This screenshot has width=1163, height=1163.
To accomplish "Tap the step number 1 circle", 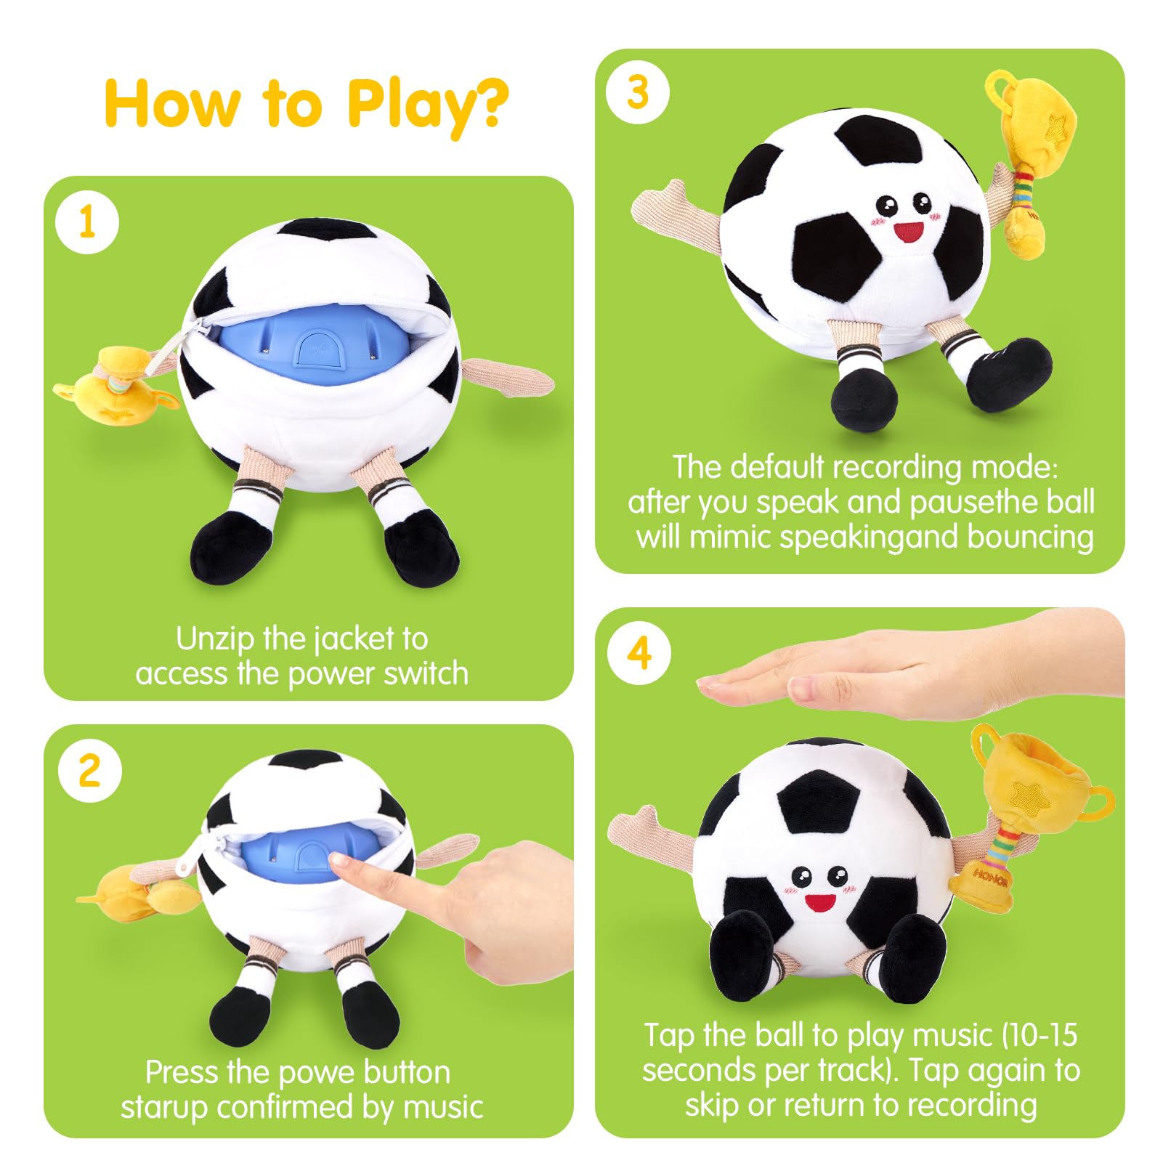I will (87, 222).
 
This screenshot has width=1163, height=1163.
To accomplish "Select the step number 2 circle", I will (89, 770).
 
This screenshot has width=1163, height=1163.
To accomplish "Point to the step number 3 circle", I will (637, 93).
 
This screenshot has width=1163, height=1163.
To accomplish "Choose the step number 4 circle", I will (639, 652).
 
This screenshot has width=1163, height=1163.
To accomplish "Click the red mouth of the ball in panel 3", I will (908, 232).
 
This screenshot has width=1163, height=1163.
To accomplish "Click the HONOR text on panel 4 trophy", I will (990, 877).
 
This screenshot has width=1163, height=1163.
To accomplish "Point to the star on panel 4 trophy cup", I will (1030, 798).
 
